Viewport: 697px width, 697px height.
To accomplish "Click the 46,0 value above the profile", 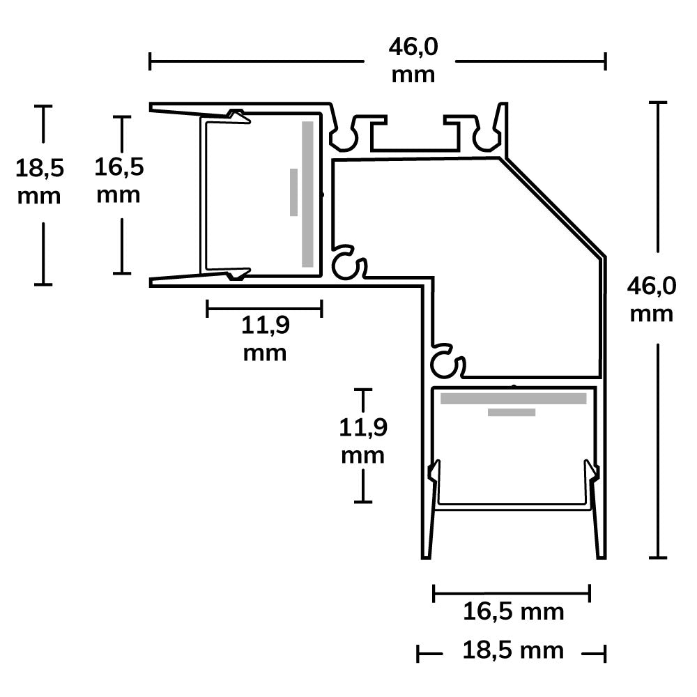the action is (x=413, y=47).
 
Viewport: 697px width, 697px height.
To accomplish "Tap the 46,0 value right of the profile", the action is (x=651, y=286).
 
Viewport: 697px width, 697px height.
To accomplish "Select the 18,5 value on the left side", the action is (x=40, y=168).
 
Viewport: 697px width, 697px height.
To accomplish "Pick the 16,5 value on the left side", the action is (x=118, y=167).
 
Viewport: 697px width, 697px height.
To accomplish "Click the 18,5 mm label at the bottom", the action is (x=513, y=650).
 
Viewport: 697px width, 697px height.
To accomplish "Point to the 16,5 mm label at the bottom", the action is (x=514, y=612).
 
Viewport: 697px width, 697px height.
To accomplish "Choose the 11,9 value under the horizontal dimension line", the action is (x=266, y=325).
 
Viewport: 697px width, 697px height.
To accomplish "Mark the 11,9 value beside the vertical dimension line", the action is (x=363, y=427).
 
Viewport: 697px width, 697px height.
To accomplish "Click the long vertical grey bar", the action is (x=307, y=194).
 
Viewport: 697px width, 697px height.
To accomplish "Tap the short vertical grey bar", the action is (x=293, y=192).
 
